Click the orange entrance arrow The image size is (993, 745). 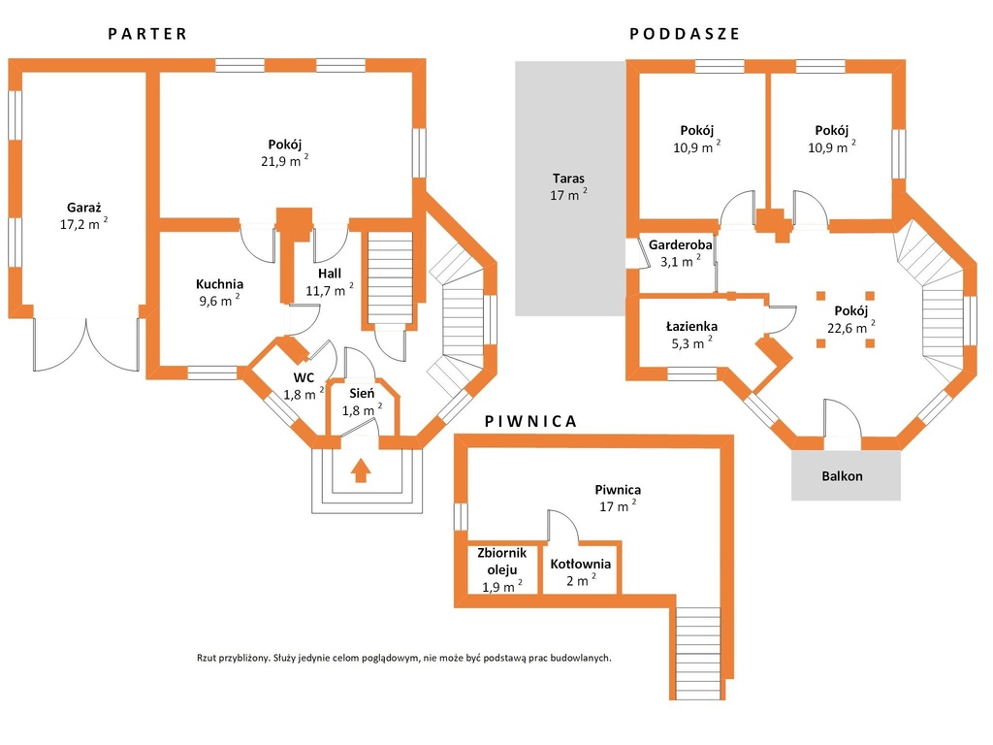click(361, 470)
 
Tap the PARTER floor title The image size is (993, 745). click(147, 34)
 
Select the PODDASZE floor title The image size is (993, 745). click(685, 34)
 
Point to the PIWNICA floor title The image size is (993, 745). click(530, 422)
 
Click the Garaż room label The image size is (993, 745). click(84, 208)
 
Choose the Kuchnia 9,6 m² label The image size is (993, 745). click(220, 293)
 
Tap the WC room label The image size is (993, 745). click(304, 378)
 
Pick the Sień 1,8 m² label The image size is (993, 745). click(363, 403)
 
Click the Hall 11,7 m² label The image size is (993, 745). click(330, 282)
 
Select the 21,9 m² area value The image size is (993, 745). click(285, 161)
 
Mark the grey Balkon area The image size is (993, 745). click(846, 475)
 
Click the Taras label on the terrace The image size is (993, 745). click(568, 178)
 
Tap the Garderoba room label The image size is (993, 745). click(680, 244)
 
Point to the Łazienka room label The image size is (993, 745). click(691, 327)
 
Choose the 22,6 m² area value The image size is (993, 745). click(851, 328)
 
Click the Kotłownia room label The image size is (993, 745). click(581, 564)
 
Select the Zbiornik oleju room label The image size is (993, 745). click(502, 562)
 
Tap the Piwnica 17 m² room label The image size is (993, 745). click(618, 498)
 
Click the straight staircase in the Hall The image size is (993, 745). click(390, 277)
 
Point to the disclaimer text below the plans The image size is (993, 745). click(404, 659)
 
